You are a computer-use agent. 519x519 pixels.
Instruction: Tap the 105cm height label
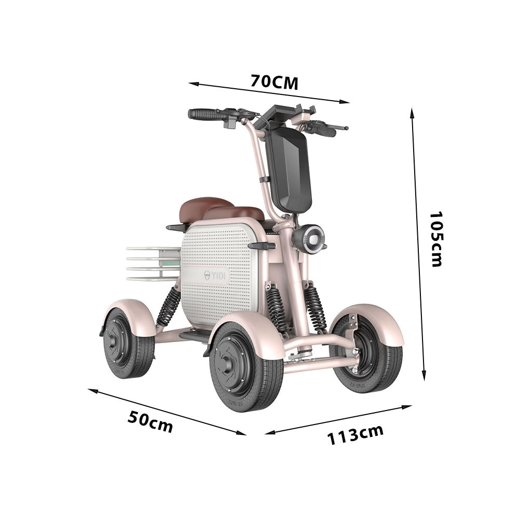click(436, 239)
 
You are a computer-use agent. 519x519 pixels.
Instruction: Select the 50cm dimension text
click(150, 421)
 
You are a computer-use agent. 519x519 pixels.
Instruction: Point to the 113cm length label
click(355, 434)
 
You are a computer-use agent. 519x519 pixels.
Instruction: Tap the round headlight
click(310, 238)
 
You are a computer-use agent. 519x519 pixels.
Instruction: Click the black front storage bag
click(289, 169)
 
